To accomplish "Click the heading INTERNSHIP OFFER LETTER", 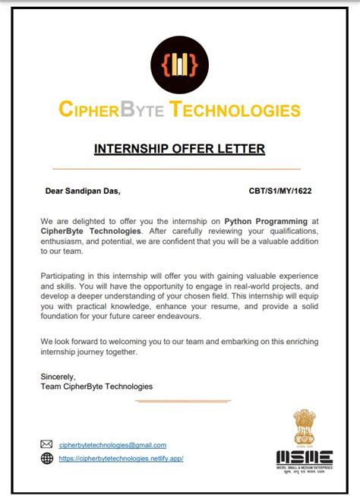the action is click(x=179, y=149).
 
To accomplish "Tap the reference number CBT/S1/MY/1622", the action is click(x=280, y=191).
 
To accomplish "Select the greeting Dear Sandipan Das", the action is click(x=83, y=191).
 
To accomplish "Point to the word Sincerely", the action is click(x=58, y=377).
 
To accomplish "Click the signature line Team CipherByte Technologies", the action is click(x=96, y=387).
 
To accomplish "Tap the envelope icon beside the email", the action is click(x=46, y=444).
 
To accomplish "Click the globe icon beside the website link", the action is click(x=46, y=459).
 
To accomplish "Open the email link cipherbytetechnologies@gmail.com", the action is click(x=112, y=445).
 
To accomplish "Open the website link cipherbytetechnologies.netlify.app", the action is click(x=122, y=459).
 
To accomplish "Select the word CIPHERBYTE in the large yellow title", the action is click(x=112, y=111).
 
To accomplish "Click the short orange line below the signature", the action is click(x=182, y=400).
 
